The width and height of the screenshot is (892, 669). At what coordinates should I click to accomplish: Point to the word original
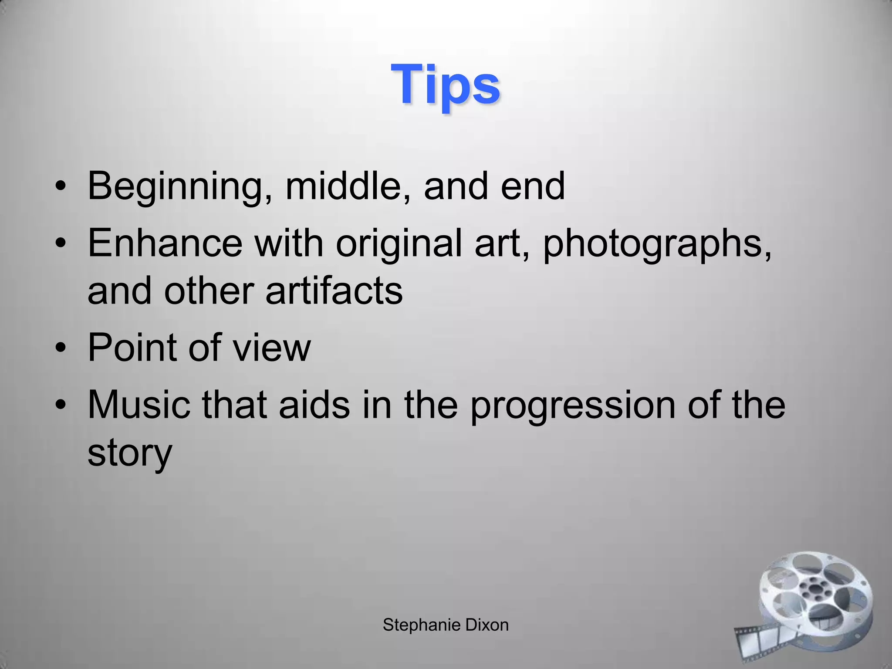(399, 244)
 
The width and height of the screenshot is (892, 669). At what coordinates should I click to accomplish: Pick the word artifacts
(334, 291)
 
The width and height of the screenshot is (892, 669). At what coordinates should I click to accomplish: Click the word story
(130, 453)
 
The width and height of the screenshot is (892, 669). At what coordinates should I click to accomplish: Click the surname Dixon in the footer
(487, 625)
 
